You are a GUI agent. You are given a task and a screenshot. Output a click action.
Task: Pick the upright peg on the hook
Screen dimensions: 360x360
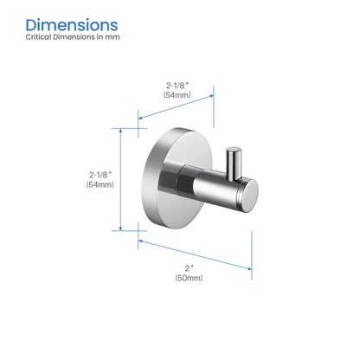233,164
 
